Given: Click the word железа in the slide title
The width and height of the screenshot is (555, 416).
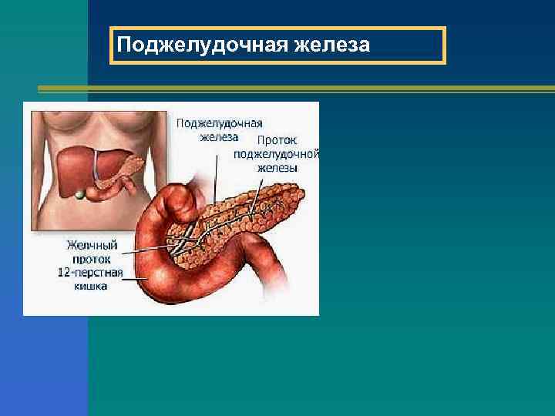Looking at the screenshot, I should pos(331,46).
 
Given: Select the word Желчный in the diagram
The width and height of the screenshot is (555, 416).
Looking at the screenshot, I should pos(92,245).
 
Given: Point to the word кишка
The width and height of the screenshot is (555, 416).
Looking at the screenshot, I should pos(92,287).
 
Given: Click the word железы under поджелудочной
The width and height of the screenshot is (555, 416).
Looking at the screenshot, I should pos(278,167).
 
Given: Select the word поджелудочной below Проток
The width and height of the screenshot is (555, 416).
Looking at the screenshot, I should pos(277,154).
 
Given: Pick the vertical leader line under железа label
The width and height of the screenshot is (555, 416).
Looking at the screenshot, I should pos(215,177).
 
